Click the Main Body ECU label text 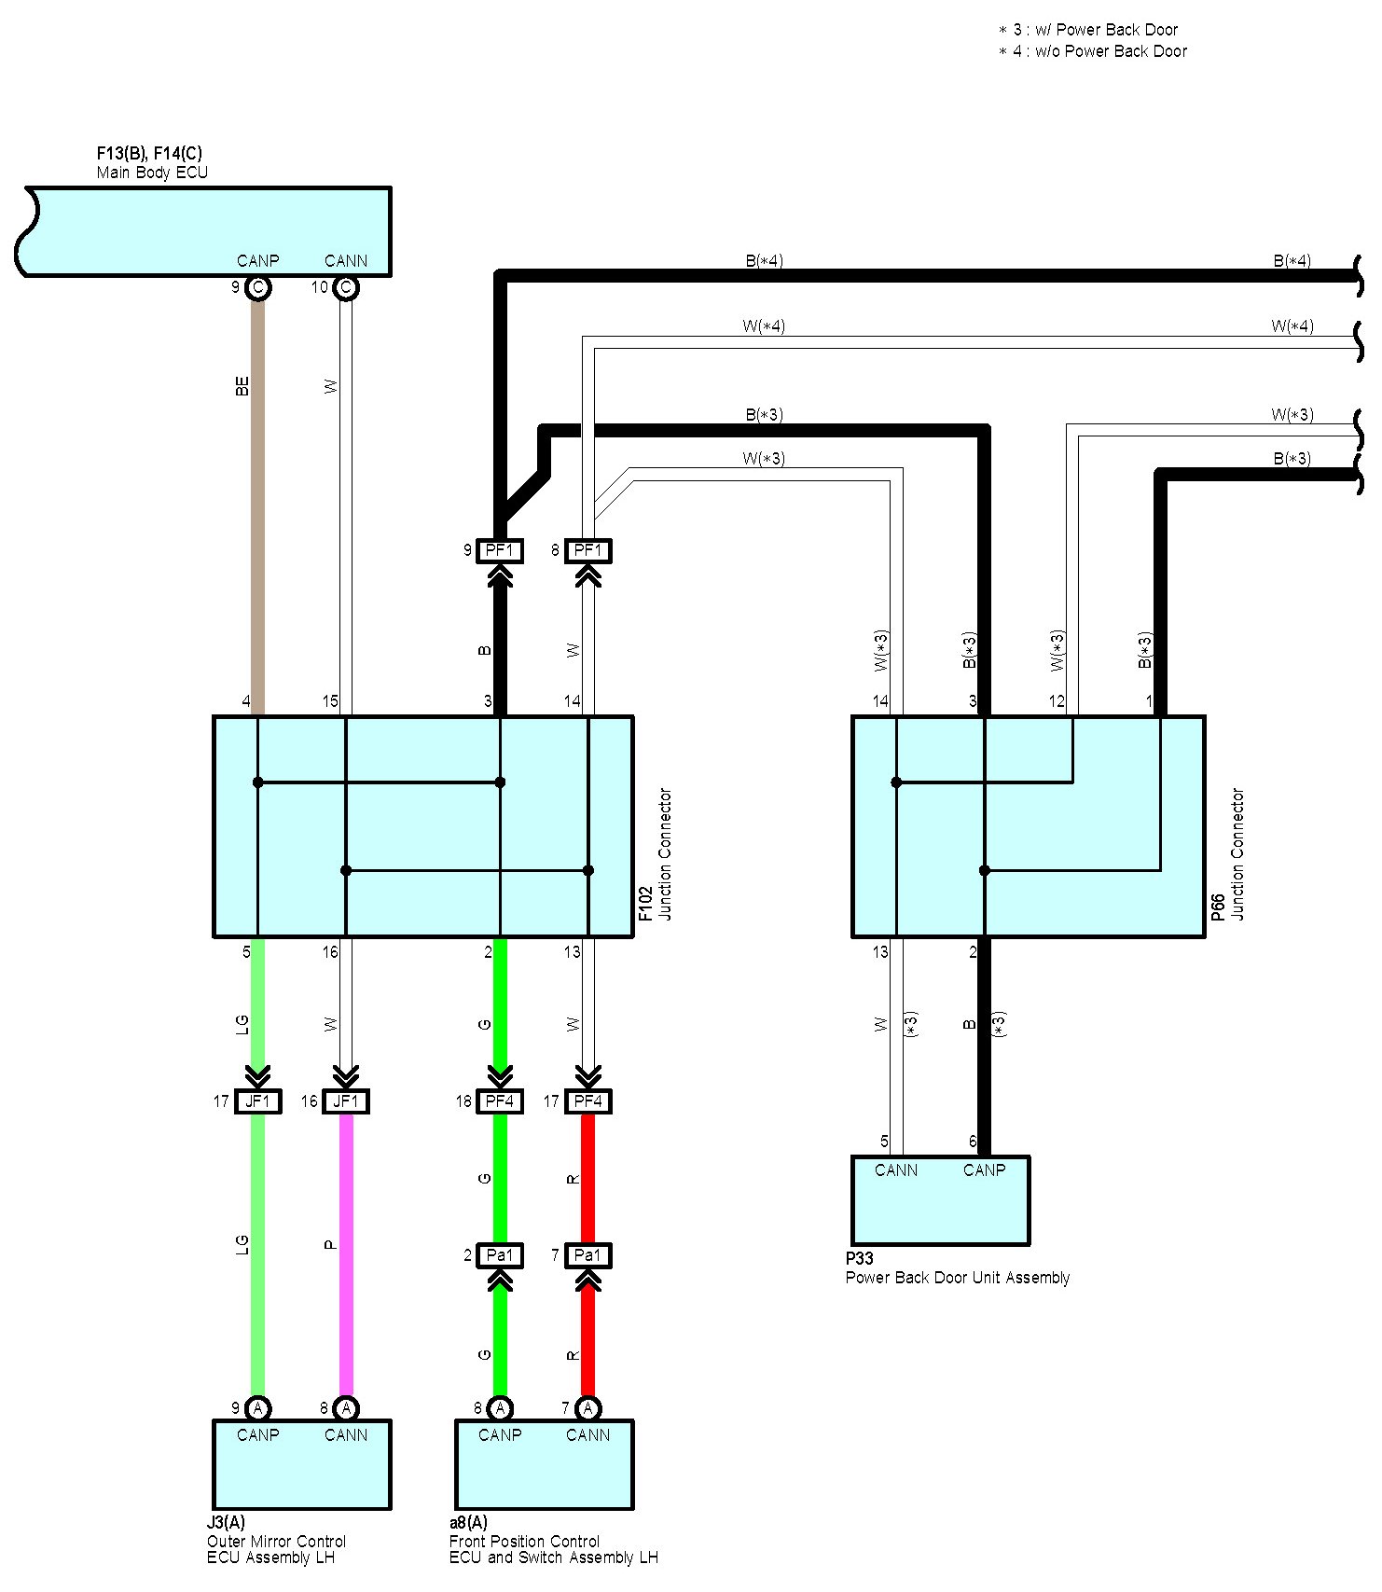(152, 173)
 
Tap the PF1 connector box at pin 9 (500, 550)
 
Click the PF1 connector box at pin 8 (588, 550)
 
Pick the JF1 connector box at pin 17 (257, 1101)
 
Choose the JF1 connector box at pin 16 (346, 1101)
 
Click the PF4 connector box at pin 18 (500, 1101)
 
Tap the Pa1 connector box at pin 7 (588, 1255)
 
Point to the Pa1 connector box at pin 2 (500, 1255)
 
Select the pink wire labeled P (346, 1250)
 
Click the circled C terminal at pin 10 (346, 287)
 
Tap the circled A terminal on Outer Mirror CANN (346, 1408)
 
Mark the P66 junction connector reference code (1218, 907)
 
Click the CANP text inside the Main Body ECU (257, 261)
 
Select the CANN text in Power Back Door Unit (895, 1170)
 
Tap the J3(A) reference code (226, 1523)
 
